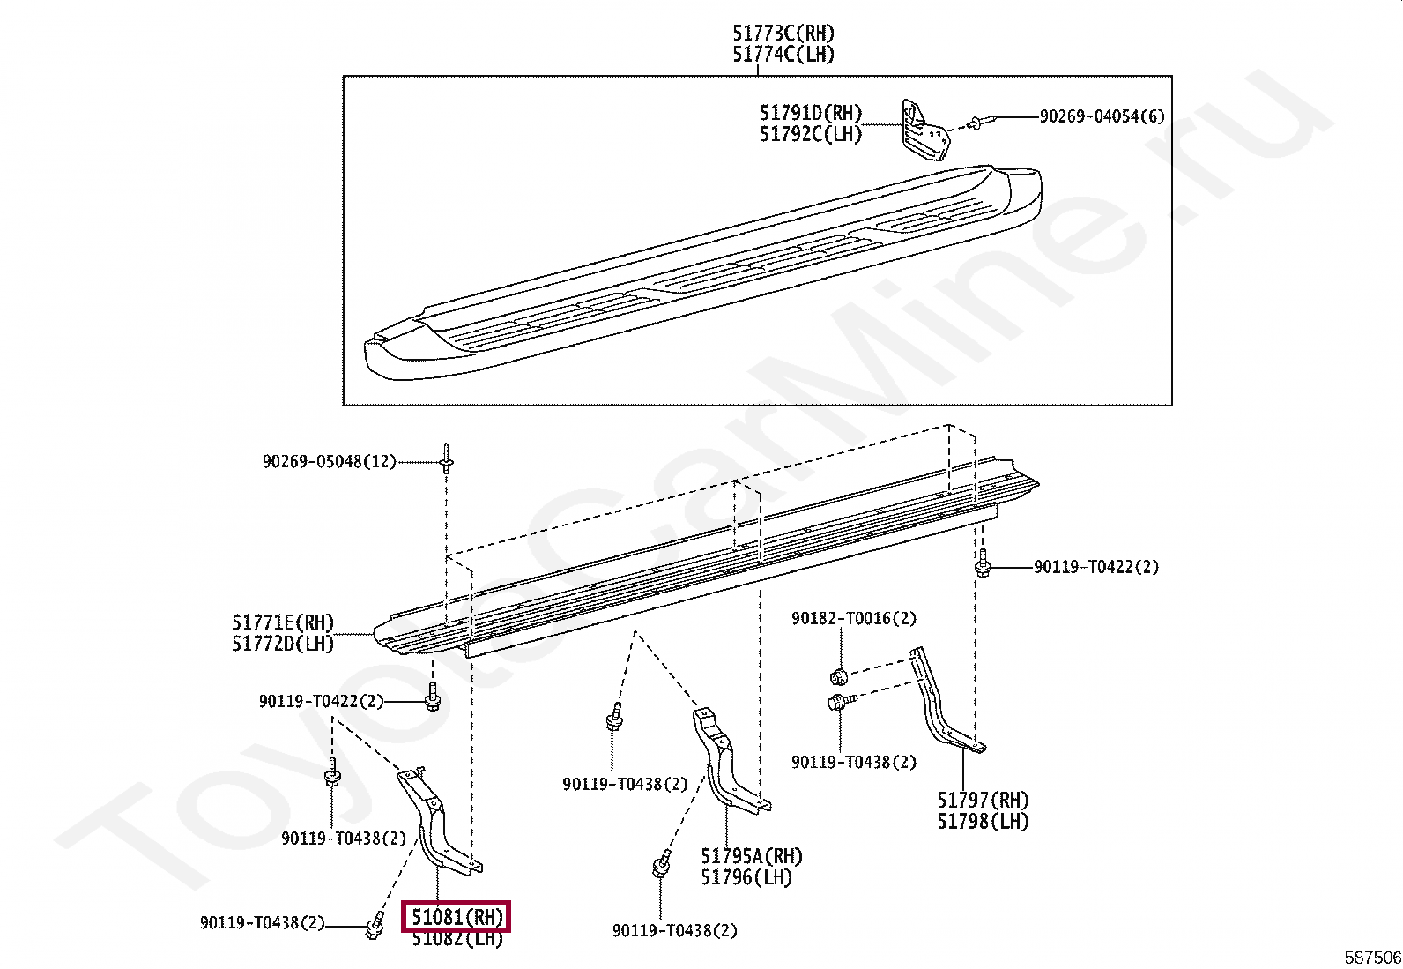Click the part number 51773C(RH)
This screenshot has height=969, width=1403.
click(x=783, y=34)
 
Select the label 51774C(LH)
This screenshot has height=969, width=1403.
click(x=783, y=55)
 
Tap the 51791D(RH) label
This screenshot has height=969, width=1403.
click(x=810, y=113)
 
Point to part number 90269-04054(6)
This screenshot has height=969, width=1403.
click(x=1102, y=116)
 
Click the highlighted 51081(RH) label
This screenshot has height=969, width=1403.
click(x=457, y=917)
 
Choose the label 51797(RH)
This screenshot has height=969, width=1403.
click(x=983, y=801)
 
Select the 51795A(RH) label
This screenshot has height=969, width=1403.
click(x=752, y=856)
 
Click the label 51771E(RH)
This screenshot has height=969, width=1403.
click(x=283, y=623)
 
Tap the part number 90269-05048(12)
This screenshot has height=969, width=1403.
click(x=329, y=461)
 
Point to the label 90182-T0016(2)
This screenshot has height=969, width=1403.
click(x=853, y=619)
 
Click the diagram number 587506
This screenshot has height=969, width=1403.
click(x=1372, y=958)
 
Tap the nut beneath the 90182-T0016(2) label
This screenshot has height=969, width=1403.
click(x=840, y=677)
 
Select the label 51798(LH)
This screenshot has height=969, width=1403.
click(x=983, y=822)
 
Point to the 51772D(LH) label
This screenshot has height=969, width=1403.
click(x=283, y=645)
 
